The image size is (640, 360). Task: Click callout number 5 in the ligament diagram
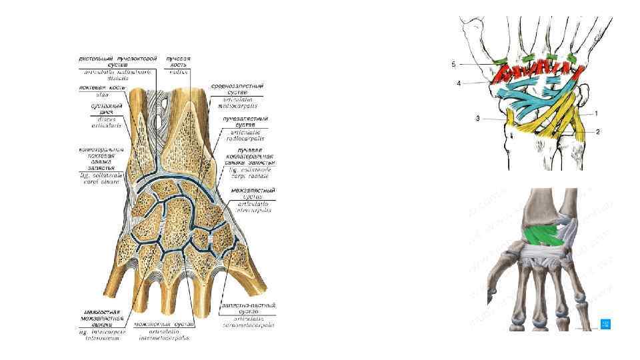(x=453, y=64)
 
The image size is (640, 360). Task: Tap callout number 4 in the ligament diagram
(x=459, y=84)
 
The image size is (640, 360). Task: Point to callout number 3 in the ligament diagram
(x=477, y=119)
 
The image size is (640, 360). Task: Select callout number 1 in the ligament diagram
(x=596, y=113)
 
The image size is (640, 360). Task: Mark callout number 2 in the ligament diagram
(x=597, y=131)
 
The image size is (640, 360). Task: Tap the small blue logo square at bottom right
(x=605, y=324)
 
